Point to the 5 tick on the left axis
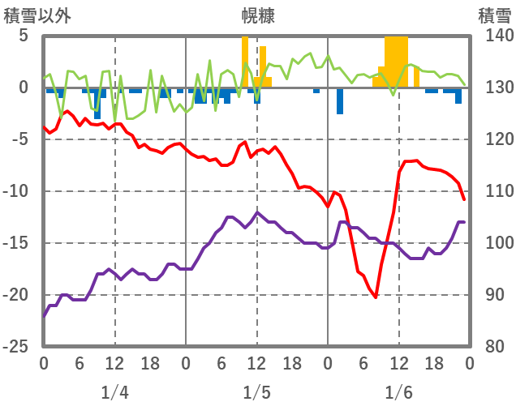23,36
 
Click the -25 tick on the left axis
17,347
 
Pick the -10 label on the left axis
17,192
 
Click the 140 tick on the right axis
493,36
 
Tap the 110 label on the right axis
493,192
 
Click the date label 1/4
114,392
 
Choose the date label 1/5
256,392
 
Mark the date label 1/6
399,392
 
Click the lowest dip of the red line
376,297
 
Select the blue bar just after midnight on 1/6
340,100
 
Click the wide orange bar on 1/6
396,62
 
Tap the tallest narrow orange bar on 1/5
245,62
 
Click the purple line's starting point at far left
44,316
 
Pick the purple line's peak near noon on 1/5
257,212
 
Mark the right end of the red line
464,199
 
